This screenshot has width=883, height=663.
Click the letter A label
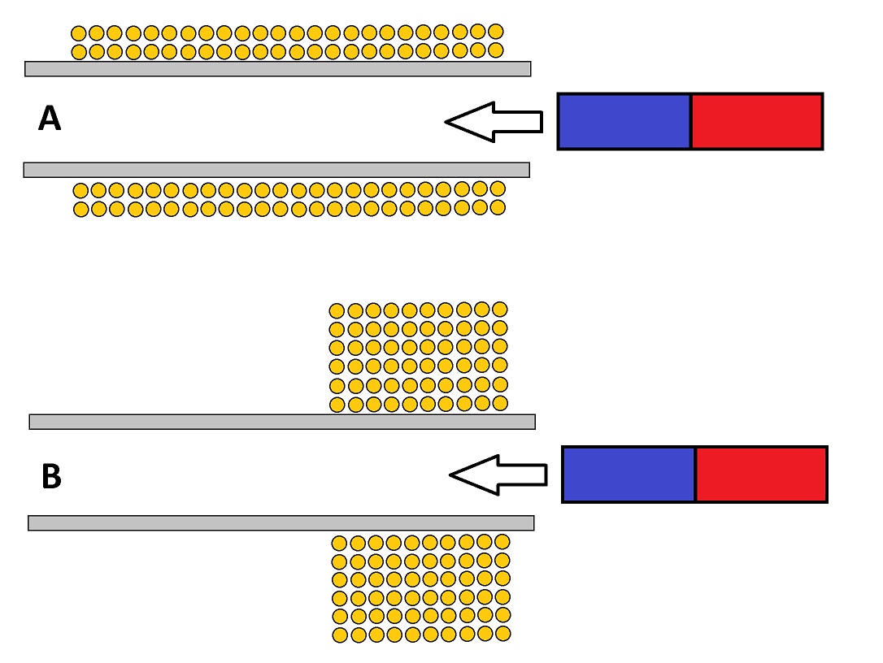tap(50, 120)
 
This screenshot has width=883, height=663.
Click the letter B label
tap(50, 478)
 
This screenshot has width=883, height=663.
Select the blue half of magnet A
tap(624, 121)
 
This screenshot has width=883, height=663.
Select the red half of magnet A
tap(756, 121)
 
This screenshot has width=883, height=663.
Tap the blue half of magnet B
tap(629, 474)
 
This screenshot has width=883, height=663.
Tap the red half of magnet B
tap(761, 474)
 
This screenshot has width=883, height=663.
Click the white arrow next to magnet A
tap(493, 122)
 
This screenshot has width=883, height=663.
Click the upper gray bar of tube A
tap(277, 68)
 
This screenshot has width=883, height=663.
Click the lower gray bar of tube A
tap(276, 169)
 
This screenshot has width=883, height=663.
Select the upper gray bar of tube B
tap(281, 421)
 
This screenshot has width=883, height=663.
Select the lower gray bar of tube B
tap(281, 522)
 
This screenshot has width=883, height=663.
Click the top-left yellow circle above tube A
tap(79, 33)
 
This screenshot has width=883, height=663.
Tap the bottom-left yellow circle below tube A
tap(80, 210)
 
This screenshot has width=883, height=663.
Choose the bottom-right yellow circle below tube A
tap(498, 207)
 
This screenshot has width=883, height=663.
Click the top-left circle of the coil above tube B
tap(337, 310)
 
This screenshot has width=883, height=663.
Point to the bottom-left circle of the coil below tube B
tap(340, 635)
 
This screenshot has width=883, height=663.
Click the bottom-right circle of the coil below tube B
tap(502, 633)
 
